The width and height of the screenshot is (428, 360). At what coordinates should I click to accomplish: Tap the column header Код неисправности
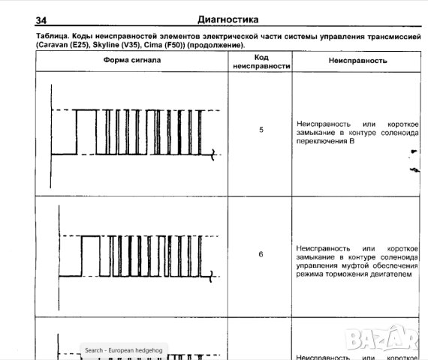tap(261, 61)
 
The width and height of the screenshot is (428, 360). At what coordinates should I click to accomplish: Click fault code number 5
tap(261, 130)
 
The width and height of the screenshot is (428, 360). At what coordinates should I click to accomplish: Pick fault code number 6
tap(261, 254)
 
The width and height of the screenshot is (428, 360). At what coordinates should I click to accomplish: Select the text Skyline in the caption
tap(108, 45)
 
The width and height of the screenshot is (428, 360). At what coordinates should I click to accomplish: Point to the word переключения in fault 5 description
tap(321, 141)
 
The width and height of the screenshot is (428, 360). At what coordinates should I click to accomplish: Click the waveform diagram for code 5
tap(135, 131)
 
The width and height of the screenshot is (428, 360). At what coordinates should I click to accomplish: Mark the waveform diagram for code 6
tap(135, 255)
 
